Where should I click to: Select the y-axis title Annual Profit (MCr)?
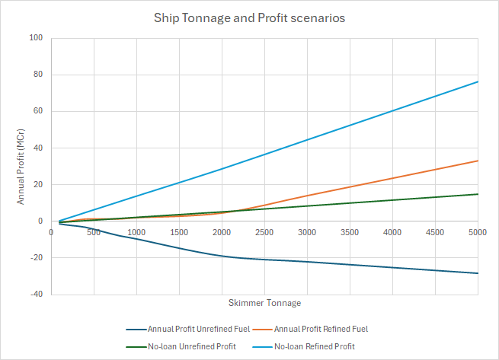click(22, 167)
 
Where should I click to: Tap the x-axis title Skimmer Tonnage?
click(264, 303)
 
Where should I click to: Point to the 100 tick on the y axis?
click(36, 38)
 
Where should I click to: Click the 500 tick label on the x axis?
click(94, 232)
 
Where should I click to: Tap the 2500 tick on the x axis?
click(264, 232)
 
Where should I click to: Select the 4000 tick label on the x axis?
click(392, 232)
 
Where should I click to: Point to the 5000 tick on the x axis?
click(478, 232)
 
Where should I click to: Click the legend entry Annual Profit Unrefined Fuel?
click(190, 330)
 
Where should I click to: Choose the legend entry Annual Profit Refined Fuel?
click(322, 330)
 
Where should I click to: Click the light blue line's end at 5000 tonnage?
click(478, 81)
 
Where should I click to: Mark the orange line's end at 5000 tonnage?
click(478, 161)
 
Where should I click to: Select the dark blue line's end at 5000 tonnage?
click(478, 273)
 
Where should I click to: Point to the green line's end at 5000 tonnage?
click(478, 194)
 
